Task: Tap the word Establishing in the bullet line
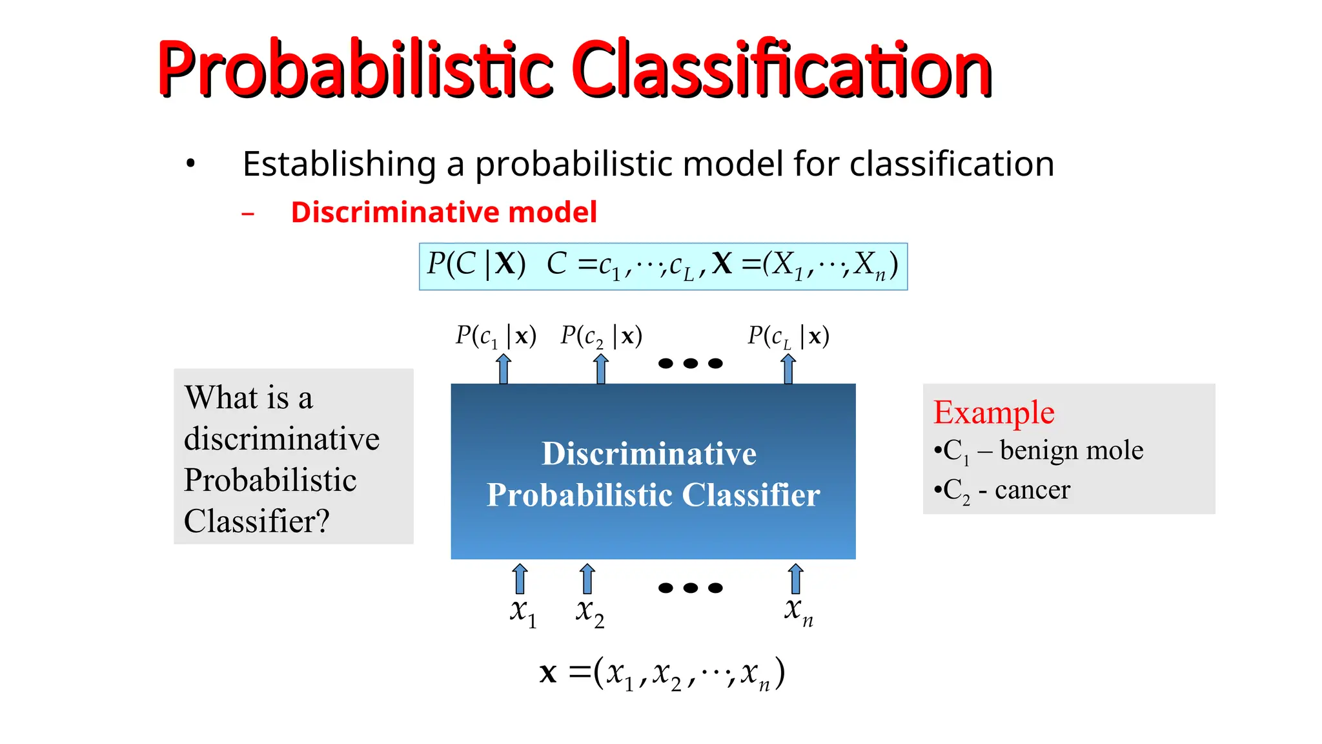340,164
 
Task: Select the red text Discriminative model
443,212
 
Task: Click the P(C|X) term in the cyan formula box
476,265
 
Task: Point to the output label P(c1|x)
496,336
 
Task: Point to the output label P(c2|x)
601,336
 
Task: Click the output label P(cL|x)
788,336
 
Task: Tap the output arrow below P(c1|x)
504,369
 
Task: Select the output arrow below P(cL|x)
788,369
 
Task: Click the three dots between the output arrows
690,364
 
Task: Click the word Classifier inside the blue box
751,495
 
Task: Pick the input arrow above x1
520,579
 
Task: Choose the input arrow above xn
796,579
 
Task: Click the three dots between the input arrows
690,588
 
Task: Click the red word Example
993,413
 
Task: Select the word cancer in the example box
1032,490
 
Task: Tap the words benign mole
1072,450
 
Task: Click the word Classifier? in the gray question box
257,521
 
